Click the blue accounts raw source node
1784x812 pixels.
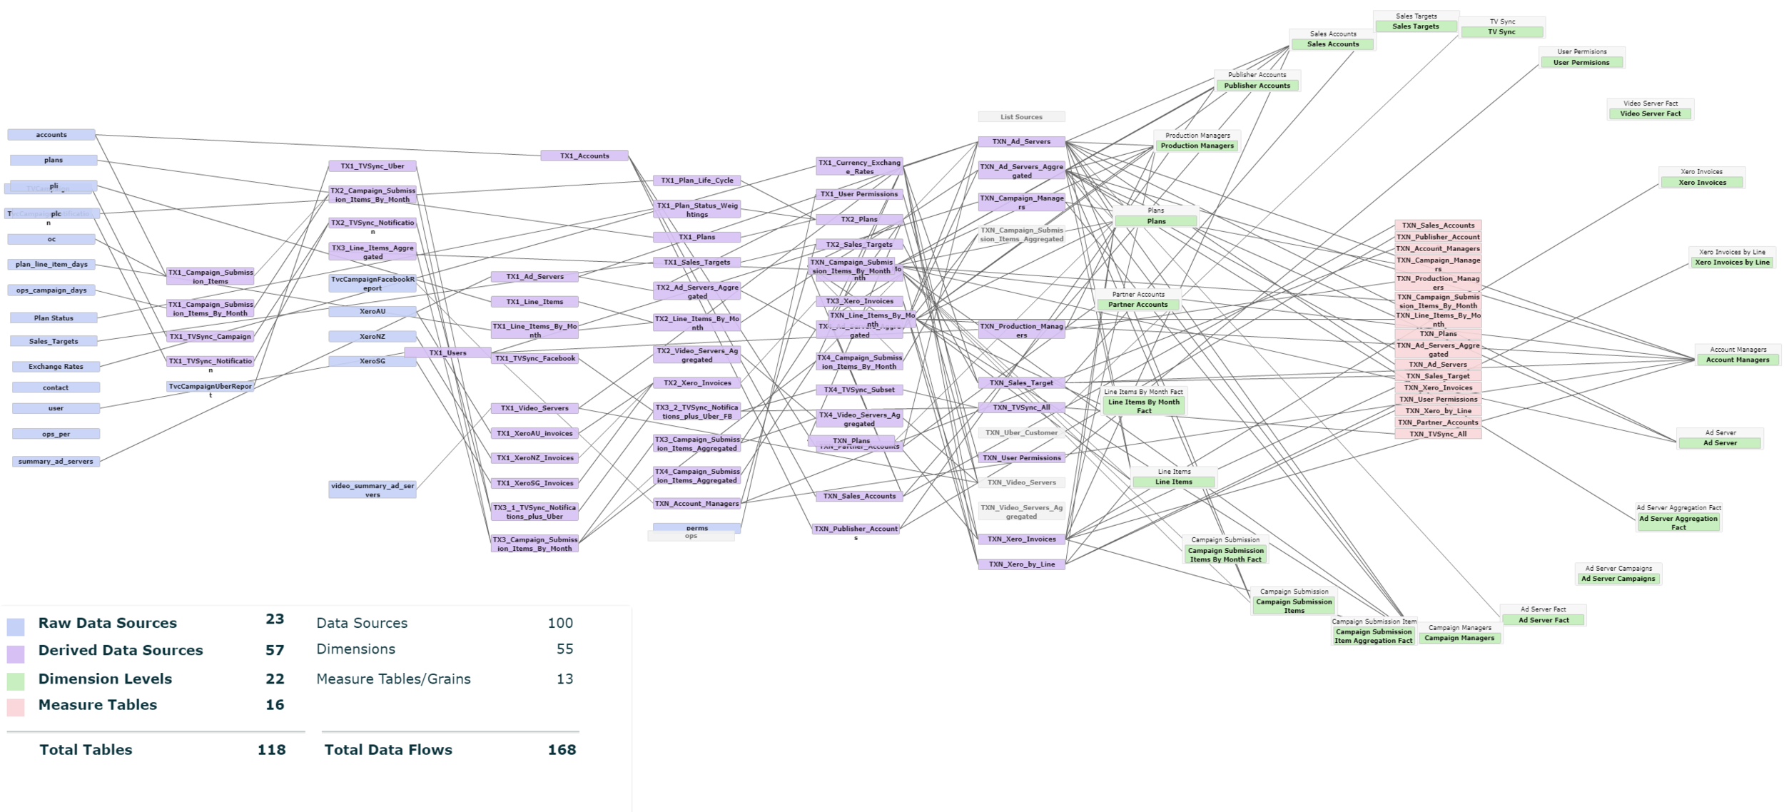click(x=51, y=135)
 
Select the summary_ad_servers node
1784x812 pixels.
click(x=56, y=462)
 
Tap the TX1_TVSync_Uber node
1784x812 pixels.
click(x=372, y=166)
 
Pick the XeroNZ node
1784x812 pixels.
click(x=372, y=336)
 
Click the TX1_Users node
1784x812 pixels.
click(x=447, y=352)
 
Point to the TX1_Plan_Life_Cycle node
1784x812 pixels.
click(x=697, y=181)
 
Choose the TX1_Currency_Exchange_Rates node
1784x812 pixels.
click(x=859, y=167)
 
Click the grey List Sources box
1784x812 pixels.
click(x=1021, y=117)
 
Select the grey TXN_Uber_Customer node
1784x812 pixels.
click(x=1021, y=432)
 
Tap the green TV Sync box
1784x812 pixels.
click(x=1501, y=32)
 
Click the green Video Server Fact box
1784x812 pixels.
click(x=1650, y=113)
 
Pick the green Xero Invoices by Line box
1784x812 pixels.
click(x=1732, y=263)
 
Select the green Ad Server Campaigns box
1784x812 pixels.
click(x=1618, y=579)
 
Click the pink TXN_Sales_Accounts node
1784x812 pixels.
click(x=1438, y=225)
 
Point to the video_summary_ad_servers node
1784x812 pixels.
click(x=372, y=490)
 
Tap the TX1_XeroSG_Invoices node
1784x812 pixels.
click(x=534, y=483)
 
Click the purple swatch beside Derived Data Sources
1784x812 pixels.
click(x=16, y=654)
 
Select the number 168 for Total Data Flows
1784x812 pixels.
click(x=562, y=750)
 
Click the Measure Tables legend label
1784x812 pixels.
click(x=98, y=705)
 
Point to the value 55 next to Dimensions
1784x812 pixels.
click(x=564, y=649)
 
